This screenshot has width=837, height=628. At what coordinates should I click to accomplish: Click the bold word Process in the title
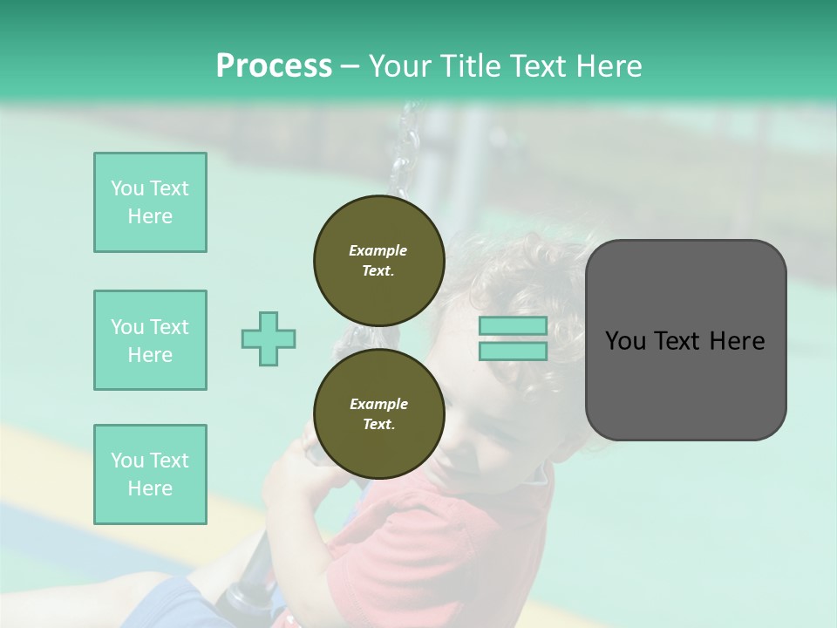(x=274, y=66)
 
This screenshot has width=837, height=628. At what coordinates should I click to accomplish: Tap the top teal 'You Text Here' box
(x=150, y=202)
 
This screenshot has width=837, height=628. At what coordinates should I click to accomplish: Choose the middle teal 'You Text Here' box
(x=150, y=340)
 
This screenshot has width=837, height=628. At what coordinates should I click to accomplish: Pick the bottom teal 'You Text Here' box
(x=150, y=474)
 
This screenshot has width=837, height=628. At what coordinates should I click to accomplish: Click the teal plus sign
(x=269, y=338)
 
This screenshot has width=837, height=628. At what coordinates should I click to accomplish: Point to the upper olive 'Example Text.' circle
(x=378, y=260)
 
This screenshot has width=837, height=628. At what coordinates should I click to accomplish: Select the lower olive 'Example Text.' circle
(x=378, y=413)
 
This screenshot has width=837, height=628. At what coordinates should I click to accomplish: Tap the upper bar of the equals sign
(x=513, y=326)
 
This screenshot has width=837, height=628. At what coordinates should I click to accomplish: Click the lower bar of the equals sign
(x=513, y=351)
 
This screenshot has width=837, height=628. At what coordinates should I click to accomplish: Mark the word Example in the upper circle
(x=378, y=250)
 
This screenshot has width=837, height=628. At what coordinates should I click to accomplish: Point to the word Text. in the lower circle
(x=378, y=424)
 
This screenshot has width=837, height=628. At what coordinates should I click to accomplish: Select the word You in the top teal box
(x=126, y=188)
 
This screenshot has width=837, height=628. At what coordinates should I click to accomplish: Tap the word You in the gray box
(x=625, y=341)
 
